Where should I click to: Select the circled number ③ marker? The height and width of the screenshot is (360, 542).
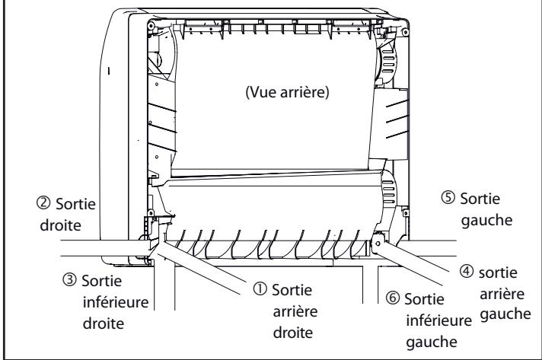70,280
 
